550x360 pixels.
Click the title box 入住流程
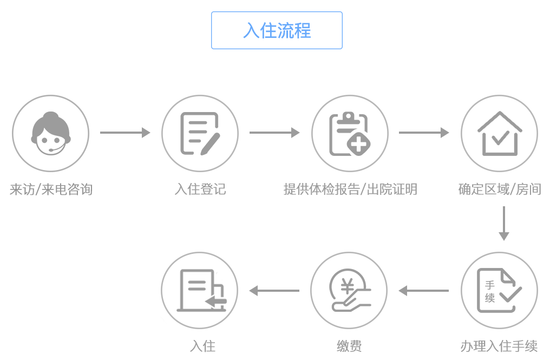277,30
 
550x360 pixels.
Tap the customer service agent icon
50,133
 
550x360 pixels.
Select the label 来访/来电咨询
51,189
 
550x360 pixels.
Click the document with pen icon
200,133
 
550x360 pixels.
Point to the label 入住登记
200,189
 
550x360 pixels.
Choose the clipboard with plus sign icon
350,133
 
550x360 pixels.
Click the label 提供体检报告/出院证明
350,189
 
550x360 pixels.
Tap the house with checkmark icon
499,133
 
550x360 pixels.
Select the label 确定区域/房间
499,189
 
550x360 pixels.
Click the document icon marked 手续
499,291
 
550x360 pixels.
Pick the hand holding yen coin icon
350,291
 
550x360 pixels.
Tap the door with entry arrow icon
200,291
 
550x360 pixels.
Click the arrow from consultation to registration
125,133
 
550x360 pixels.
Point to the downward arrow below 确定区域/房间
504,223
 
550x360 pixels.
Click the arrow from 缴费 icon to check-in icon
274,291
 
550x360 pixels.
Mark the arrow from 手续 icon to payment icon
424,291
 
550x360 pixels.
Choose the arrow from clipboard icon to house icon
424,133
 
